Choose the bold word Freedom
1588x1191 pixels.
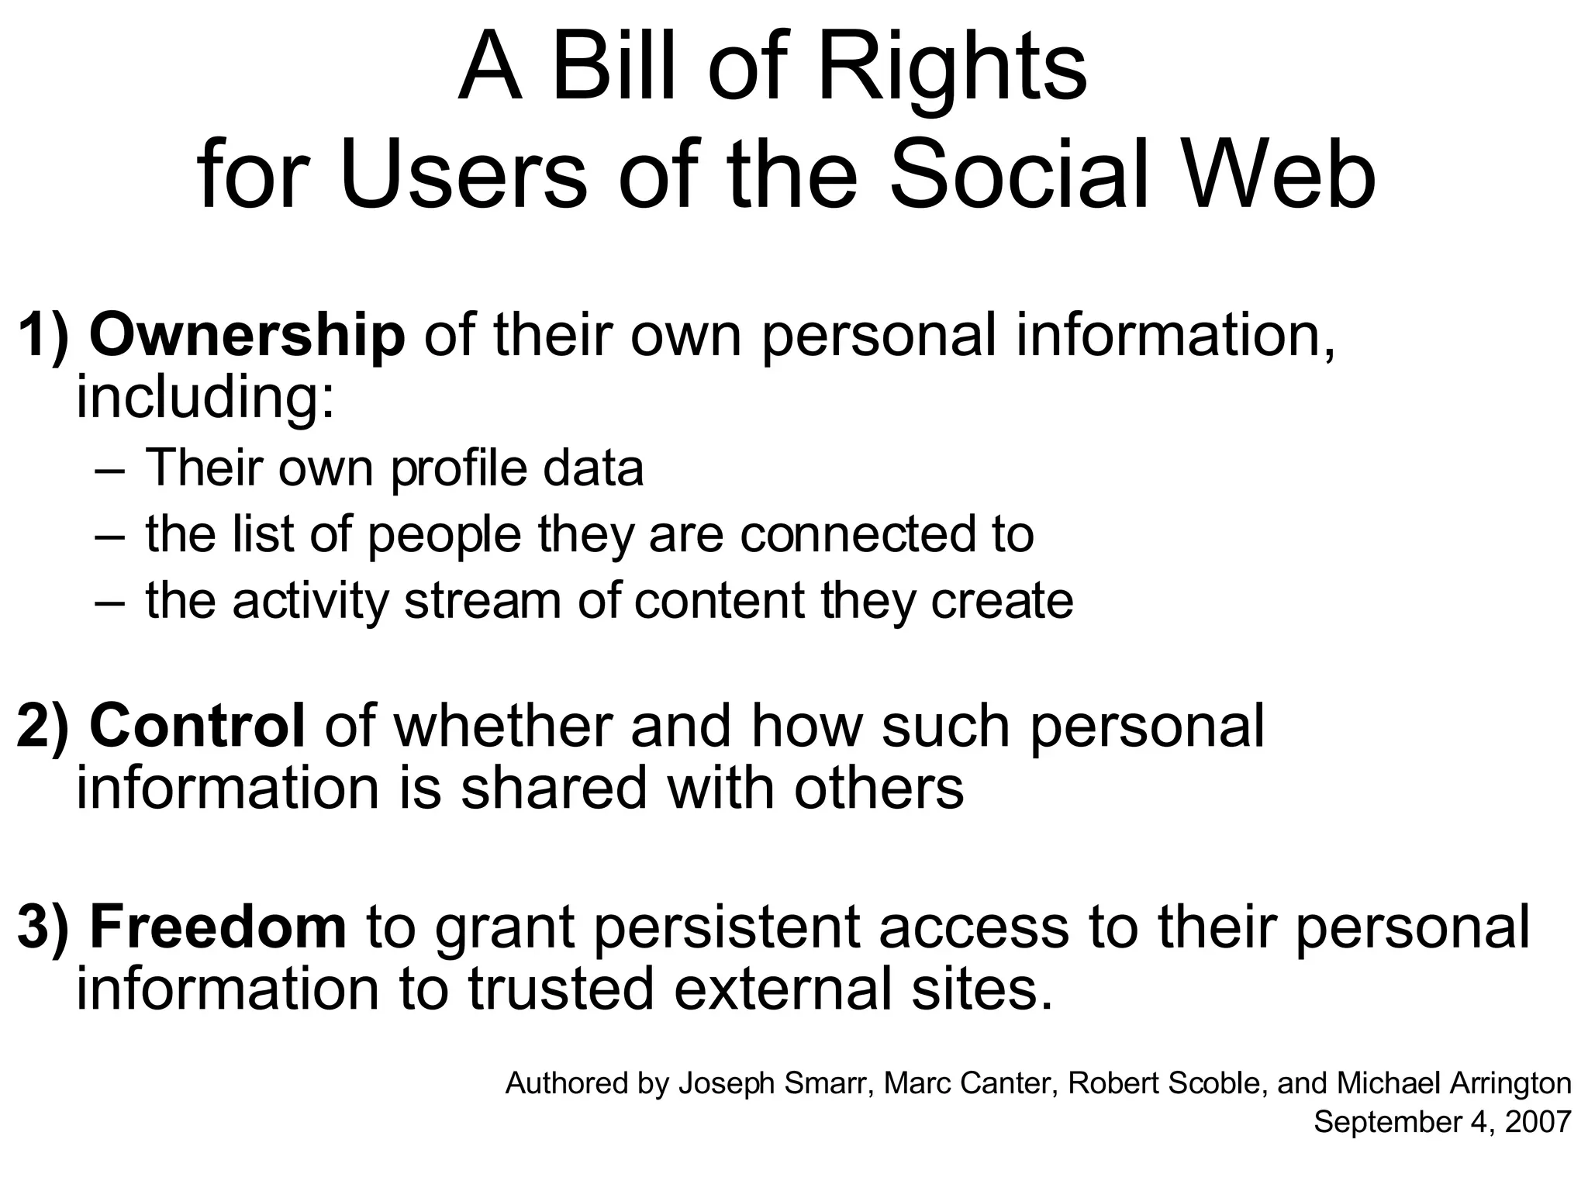(218, 927)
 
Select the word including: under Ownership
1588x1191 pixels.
(205, 399)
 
